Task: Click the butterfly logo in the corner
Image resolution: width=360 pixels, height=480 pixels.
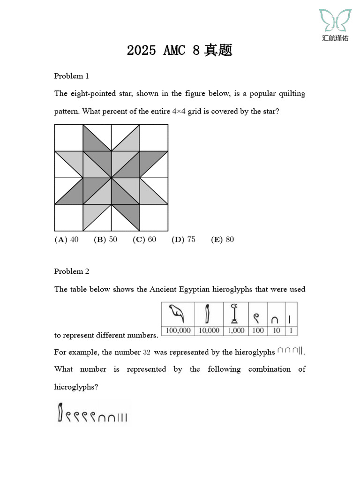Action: [335, 21]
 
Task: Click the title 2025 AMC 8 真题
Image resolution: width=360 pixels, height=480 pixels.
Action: [180, 51]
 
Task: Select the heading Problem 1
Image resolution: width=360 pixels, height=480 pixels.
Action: [71, 76]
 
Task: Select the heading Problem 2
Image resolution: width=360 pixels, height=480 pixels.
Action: [71, 271]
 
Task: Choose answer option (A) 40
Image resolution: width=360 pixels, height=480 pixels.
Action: [67, 240]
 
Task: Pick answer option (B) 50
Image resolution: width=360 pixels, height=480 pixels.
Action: [105, 240]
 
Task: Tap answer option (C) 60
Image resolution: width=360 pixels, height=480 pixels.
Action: [144, 240]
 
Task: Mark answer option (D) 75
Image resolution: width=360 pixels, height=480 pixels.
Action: [183, 240]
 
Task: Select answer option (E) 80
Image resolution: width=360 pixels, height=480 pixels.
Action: [222, 240]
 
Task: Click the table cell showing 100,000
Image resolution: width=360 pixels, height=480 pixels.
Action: [178, 330]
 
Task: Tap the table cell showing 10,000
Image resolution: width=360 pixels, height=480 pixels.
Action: [209, 330]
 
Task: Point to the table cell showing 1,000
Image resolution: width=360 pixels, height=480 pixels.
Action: [236, 330]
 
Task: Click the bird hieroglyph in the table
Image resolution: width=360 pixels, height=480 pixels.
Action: [178, 314]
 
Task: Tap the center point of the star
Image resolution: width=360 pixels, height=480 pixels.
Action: [111, 178]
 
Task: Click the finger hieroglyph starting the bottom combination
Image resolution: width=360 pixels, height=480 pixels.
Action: [60, 412]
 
